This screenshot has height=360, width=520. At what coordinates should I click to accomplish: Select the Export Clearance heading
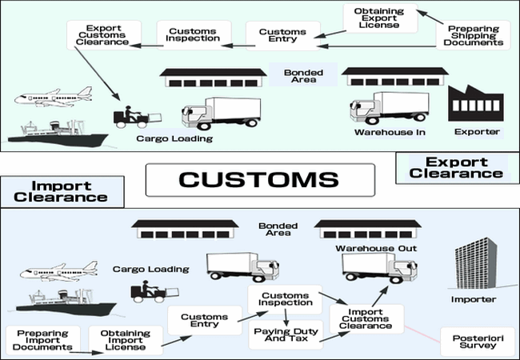point(452,167)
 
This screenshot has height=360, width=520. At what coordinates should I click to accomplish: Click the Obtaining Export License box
point(381,18)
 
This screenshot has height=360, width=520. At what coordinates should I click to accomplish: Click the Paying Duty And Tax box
point(286,335)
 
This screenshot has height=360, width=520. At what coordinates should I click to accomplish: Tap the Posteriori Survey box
point(475,341)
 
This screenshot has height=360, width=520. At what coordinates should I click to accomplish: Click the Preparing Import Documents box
point(38,340)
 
